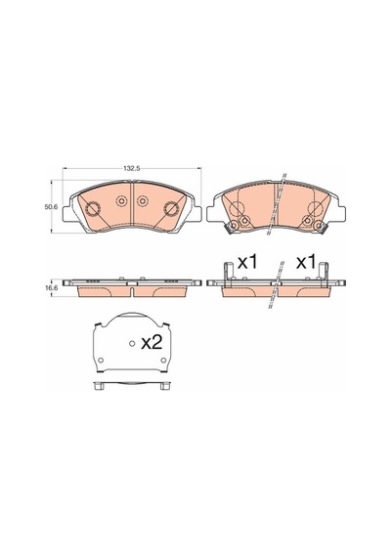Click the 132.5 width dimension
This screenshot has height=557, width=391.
[x=130, y=168]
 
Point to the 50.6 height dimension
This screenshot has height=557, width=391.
[x=50, y=207]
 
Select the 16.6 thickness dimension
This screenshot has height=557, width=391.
[x=50, y=289]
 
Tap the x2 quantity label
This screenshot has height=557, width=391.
[x=152, y=343]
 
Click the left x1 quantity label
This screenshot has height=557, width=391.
[x=247, y=263]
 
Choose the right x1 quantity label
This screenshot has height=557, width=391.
[x=306, y=263]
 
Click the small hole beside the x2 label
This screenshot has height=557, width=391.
[x=132, y=343]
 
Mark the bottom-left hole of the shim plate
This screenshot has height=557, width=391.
[x=101, y=361]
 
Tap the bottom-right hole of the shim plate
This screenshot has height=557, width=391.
[x=163, y=361]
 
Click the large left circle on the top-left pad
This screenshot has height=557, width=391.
[x=93, y=208]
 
